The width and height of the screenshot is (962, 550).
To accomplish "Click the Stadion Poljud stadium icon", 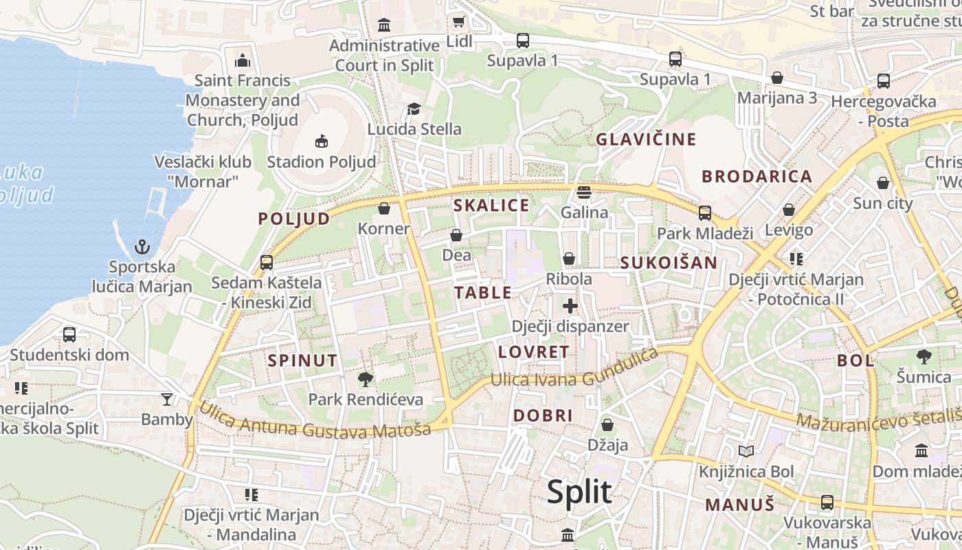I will (320, 142).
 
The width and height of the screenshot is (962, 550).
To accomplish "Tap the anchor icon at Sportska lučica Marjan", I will (142, 246).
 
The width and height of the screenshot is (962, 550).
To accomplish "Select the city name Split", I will (579, 492).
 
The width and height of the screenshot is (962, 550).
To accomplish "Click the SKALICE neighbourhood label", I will (491, 205).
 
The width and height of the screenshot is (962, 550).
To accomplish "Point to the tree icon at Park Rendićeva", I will (366, 379).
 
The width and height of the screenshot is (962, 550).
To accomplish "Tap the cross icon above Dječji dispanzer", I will (570, 306).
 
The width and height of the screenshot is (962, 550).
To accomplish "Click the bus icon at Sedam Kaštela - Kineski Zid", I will (267, 262).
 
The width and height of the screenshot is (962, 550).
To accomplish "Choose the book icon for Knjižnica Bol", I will (746, 451).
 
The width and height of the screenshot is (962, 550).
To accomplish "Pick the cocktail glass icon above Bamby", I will (167, 399).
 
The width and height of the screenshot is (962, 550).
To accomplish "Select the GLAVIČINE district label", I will (646, 140).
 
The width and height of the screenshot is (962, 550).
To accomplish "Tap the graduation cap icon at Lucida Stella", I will (414, 109).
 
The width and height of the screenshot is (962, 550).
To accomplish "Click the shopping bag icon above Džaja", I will (607, 425).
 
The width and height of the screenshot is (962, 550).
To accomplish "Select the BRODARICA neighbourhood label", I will (757, 176).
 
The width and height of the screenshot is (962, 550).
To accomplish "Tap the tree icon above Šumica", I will (924, 356).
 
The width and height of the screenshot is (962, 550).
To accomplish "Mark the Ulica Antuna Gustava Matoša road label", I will (315, 421).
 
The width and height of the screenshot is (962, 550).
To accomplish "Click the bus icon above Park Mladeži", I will (705, 212).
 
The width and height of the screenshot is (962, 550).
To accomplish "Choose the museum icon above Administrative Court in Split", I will (384, 25).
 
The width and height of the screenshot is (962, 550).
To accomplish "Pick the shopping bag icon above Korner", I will (384, 208).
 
